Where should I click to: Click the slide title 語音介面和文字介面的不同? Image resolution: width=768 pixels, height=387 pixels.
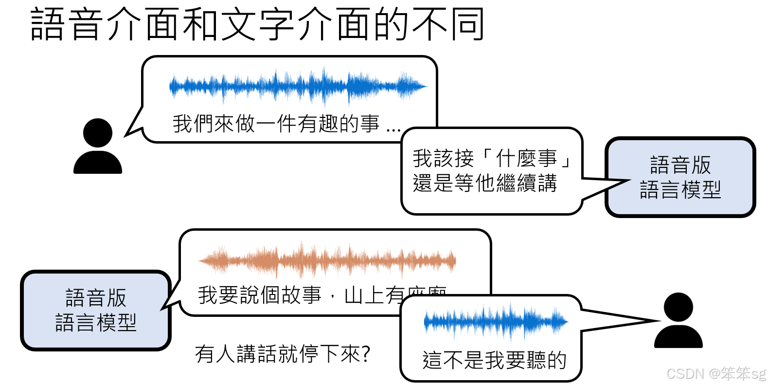tap(257, 24)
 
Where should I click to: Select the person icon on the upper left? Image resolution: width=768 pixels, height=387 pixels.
tap(98, 146)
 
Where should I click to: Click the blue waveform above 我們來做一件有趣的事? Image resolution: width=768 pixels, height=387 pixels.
tap(298, 87)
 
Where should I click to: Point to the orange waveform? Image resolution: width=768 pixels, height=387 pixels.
tap(327, 261)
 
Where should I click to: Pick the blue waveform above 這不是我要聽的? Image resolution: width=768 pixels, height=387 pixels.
tap(496, 321)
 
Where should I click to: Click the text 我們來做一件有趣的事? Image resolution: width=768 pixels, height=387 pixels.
tap(276, 124)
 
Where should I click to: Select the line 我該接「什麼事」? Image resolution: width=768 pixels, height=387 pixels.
tap(491, 158)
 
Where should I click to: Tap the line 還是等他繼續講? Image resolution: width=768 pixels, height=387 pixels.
tap(485, 184)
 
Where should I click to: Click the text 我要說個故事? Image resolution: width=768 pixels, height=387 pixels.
tap(259, 295)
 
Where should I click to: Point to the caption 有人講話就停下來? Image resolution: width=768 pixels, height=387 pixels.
tap(283, 354)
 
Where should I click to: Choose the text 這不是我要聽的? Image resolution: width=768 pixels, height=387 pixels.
tap(495, 361)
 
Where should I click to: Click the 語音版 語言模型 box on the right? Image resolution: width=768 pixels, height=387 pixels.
tap(680, 177)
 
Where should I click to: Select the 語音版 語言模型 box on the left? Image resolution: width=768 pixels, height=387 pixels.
tap(96, 311)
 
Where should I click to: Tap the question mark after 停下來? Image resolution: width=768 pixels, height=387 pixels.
tap(366, 354)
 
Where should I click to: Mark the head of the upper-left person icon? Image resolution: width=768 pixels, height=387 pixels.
tap(98, 132)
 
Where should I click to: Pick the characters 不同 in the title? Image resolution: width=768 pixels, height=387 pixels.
tap(448, 24)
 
